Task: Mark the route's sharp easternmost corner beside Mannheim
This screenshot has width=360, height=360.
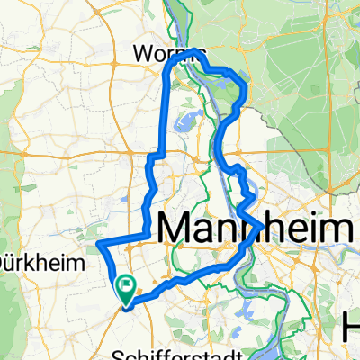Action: pyautogui.click(x=263, y=223)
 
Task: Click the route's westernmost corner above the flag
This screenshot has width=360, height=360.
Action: pyautogui.click(x=97, y=243)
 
